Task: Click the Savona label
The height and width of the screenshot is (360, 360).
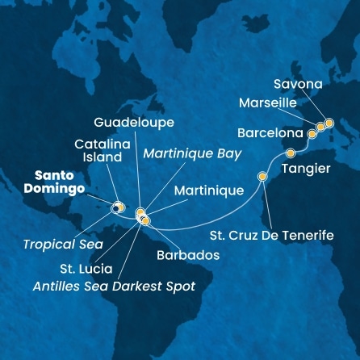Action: pos(297,84)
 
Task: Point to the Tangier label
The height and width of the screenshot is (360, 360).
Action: pos(304,169)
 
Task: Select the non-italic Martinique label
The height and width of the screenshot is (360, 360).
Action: pos(209,191)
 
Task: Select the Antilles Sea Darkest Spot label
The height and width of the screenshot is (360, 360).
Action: pos(113,286)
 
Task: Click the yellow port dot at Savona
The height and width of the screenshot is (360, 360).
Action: pos(329,123)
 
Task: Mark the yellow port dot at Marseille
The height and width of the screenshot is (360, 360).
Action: pos(320,127)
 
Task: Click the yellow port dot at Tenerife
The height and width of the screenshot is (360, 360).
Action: pos(262,177)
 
